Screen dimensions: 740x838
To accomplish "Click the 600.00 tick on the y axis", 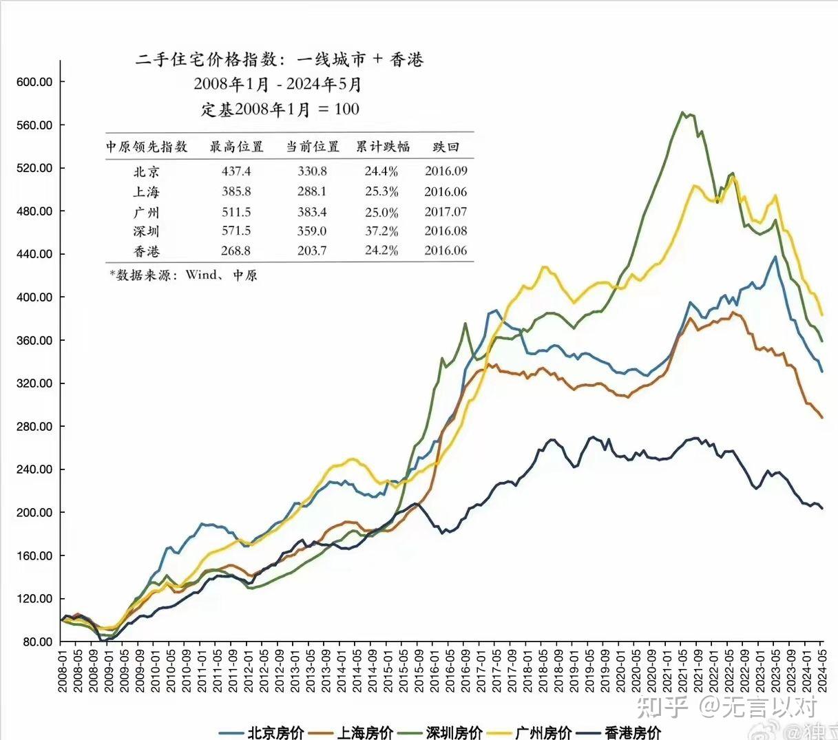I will click(34, 82).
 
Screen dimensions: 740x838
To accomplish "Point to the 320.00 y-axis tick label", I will click(34, 383).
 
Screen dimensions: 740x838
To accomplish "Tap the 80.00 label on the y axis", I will click(37, 642).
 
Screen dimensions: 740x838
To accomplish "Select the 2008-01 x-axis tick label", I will click(62, 670).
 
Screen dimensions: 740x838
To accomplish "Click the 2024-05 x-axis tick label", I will click(821, 670).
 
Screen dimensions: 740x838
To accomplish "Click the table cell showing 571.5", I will click(236, 231).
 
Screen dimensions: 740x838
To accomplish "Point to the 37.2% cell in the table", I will click(381, 231).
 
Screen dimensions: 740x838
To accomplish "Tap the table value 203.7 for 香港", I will click(312, 251).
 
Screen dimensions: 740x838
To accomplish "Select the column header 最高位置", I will click(236, 147).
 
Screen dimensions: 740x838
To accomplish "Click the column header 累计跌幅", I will click(382, 147).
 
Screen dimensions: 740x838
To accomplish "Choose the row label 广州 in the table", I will click(146, 212).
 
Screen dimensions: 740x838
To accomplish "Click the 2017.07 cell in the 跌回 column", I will click(446, 212).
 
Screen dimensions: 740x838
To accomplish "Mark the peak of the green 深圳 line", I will click(682, 112).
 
